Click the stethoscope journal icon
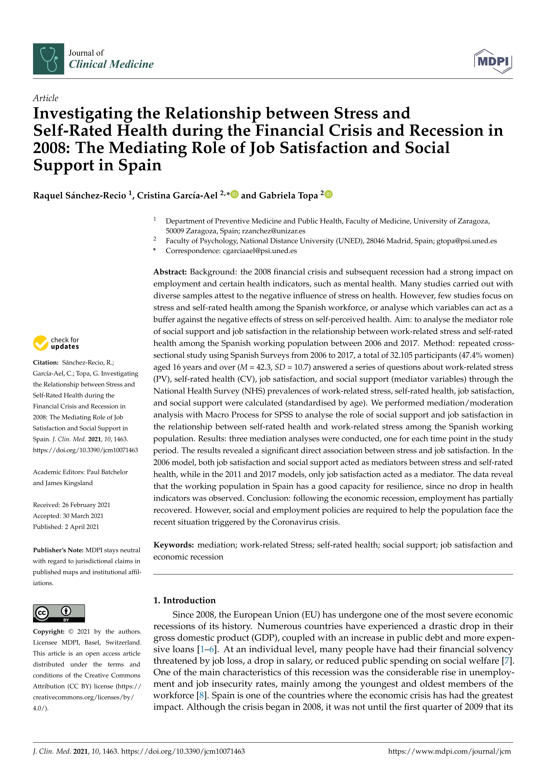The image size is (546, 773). click(48, 59)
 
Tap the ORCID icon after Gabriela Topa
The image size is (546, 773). click(329, 194)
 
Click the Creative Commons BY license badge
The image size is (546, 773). click(59, 613)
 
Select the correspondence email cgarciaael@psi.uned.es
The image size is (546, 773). click(260, 251)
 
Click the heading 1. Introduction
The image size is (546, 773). click(184, 600)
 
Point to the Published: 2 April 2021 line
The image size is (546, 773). click(66, 527)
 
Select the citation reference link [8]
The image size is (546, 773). click(201, 696)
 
